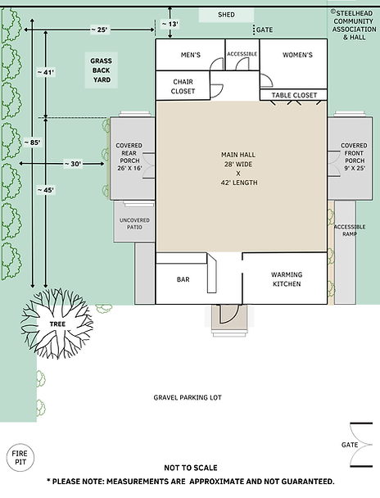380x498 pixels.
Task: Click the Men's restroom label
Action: pyautogui.click(x=189, y=55)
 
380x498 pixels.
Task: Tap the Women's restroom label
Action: pyautogui.click(x=297, y=55)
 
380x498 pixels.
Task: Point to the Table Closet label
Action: pyautogui.click(x=293, y=95)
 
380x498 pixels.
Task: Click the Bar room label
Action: pyautogui.click(x=183, y=279)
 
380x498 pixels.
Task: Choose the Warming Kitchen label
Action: pyautogui.click(x=287, y=279)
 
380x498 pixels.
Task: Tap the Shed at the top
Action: pyautogui.click(x=226, y=16)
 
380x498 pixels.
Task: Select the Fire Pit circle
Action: pyautogui.click(x=18, y=456)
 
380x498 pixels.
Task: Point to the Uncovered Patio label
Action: pyautogui.click(x=135, y=223)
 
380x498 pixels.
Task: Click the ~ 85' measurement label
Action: pyautogui.click(x=33, y=143)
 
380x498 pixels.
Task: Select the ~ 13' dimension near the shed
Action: pyautogui.click(x=170, y=25)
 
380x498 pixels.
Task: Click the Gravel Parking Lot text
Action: pyautogui.click(x=188, y=397)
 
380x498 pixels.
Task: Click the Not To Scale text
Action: pyautogui.click(x=189, y=468)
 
